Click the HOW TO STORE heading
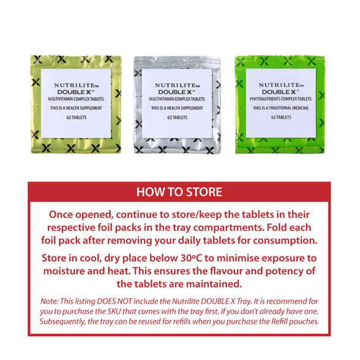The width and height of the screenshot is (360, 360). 179,192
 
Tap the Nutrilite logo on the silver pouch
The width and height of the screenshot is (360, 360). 178,85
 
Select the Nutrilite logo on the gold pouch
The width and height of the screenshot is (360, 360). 77,85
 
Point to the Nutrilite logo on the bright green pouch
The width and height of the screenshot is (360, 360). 281,85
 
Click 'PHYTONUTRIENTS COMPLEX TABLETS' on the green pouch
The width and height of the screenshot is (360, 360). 281,99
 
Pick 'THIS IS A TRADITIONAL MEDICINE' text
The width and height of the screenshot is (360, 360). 281,108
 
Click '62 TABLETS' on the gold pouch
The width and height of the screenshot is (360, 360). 77,118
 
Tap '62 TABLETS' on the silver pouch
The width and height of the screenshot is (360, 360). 178,118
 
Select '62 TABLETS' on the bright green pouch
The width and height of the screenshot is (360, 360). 281,118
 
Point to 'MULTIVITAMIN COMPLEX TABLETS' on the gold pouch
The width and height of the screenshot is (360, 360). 76,99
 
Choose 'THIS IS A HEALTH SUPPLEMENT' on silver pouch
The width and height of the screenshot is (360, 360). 177,108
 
